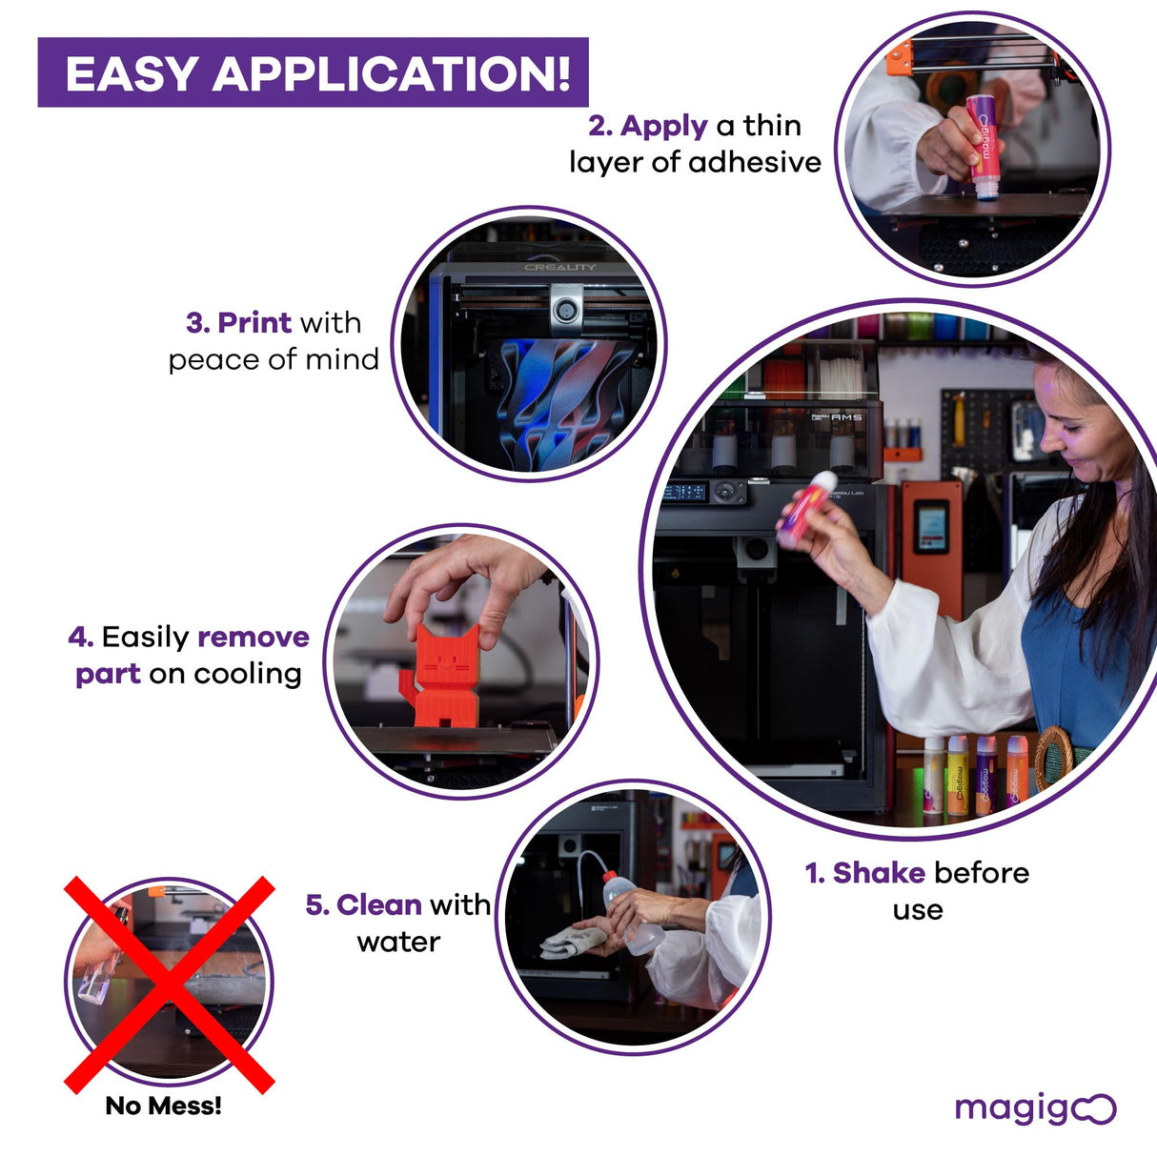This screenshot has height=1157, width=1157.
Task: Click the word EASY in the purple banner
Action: [x=131, y=73]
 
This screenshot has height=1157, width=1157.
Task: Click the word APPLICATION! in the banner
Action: [x=392, y=73]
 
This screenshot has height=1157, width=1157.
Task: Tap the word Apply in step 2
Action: [x=663, y=126]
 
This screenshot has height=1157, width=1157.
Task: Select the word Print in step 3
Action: [x=254, y=322]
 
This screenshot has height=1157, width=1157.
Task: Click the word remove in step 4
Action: [x=254, y=637]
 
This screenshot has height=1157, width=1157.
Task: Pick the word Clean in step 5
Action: [x=378, y=904]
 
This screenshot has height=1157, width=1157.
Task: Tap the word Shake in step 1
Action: [x=879, y=873]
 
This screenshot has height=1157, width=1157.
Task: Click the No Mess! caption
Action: [x=163, y=1106]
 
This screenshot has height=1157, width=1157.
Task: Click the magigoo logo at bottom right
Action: [x=1035, y=1108]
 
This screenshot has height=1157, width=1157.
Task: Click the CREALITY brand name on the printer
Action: [x=559, y=267]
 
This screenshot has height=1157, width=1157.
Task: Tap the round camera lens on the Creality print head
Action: [x=566, y=311]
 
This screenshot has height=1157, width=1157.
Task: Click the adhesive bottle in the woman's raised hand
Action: [x=806, y=510]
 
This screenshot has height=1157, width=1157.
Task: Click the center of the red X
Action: [x=169, y=984]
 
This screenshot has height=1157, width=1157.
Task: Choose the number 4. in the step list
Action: [x=80, y=637]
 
